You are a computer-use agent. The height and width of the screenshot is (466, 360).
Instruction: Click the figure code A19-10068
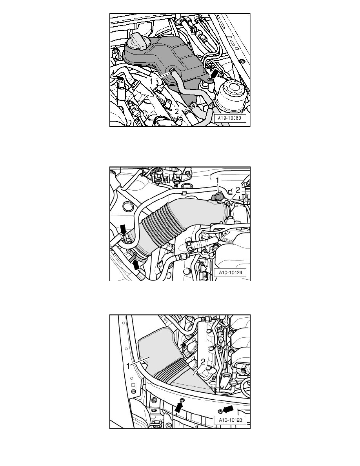tap(230, 118)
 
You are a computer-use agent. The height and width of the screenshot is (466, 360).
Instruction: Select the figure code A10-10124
tap(230, 273)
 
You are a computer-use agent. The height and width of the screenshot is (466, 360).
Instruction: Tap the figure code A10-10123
tap(230, 420)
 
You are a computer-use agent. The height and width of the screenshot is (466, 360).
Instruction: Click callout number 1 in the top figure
tap(151, 81)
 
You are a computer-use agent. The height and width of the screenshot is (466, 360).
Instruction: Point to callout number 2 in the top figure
tap(176, 111)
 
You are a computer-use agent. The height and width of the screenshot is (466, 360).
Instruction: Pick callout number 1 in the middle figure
tap(217, 180)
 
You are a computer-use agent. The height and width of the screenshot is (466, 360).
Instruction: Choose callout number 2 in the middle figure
tap(238, 190)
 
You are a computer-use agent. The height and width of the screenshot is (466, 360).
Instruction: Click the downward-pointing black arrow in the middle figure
tap(124, 229)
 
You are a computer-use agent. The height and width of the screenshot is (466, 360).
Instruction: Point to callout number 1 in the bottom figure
tap(128, 366)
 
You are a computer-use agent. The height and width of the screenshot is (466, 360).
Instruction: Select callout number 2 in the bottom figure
tap(203, 361)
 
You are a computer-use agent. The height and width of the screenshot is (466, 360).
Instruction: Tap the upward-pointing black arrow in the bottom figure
tap(178, 406)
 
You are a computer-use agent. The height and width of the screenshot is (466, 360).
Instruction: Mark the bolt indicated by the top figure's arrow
tap(210, 80)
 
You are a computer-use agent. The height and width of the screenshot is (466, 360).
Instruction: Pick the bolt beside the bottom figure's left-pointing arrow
tap(220, 411)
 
